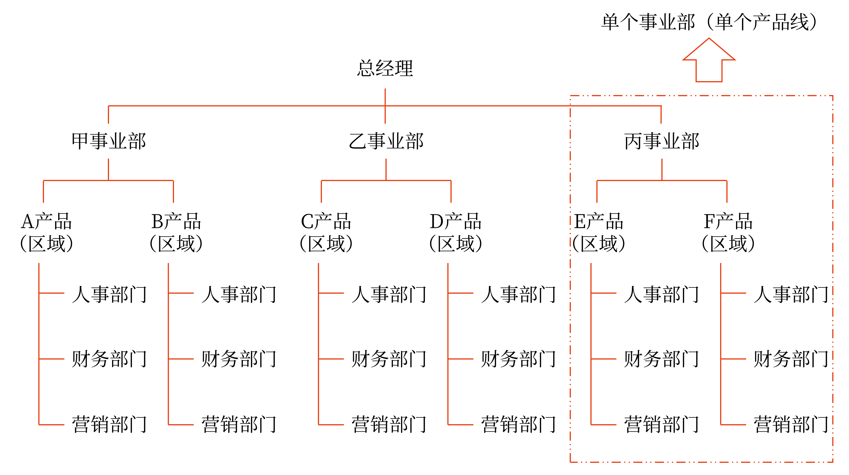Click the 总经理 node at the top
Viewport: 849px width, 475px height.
(x=385, y=68)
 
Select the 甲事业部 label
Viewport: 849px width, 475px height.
(x=108, y=141)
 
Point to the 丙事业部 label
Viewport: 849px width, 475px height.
(x=661, y=141)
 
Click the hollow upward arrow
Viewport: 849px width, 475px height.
(x=708, y=61)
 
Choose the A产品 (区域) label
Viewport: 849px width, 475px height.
(x=46, y=232)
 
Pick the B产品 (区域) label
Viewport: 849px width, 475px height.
(x=176, y=232)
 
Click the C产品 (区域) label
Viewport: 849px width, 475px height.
(x=326, y=232)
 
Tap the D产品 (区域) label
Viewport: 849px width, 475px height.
(x=456, y=232)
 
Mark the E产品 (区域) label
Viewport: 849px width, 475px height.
(x=599, y=232)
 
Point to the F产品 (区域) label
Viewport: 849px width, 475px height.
(x=728, y=232)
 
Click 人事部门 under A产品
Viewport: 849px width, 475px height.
(x=109, y=294)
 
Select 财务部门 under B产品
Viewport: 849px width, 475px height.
(x=239, y=358)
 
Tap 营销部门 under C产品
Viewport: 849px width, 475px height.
(x=389, y=424)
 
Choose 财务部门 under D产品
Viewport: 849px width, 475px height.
(x=518, y=358)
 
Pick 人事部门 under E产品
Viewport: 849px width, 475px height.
(x=661, y=294)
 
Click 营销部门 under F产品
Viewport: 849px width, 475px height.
(x=791, y=424)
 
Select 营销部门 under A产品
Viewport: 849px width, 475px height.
(x=109, y=424)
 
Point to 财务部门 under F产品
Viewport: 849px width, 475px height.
(x=791, y=358)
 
